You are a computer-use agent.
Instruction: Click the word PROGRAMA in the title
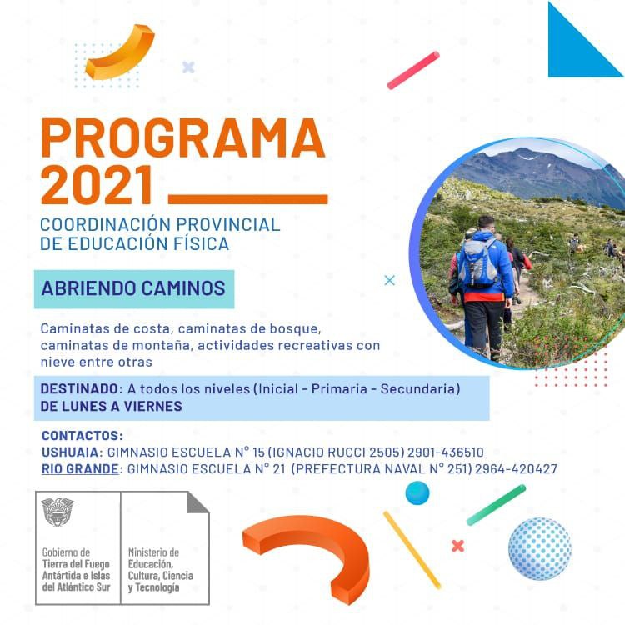tap(183, 137)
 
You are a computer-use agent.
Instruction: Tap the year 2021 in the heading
tap(97, 185)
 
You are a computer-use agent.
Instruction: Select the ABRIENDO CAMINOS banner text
tap(133, 288)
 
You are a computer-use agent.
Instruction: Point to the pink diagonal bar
tap(413, 70)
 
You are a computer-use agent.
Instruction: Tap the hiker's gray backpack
tap(477, 262)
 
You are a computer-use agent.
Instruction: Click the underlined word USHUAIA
tap(70, 452)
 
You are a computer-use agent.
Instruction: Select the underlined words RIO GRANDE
tap(80, 468)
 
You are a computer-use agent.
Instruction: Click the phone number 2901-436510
tap(446, 452)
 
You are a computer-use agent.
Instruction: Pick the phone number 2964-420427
tap(516, 468)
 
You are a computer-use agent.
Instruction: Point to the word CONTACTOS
tap(82, 435)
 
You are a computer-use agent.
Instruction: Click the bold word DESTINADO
tap(79, 388)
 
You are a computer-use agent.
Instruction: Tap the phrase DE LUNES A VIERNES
tap(111, 406)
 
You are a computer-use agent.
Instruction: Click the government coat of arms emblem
tap(57, 512)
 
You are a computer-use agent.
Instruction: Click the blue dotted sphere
tap(540, 548)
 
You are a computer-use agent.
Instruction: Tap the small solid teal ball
tap(417, 493)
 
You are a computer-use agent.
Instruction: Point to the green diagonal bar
tap(497, 505)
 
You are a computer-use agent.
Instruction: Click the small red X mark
tap(458, 546)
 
